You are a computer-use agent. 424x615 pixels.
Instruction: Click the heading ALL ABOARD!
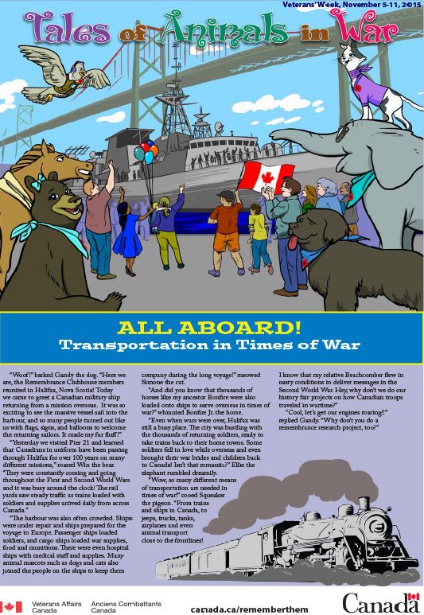click(x=212, y=328)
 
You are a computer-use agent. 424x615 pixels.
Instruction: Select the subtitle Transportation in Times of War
click(x=212, y=344)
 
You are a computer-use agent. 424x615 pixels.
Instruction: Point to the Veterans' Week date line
click(x=351, y=5)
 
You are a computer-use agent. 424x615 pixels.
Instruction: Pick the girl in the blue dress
click(x=128, y=235)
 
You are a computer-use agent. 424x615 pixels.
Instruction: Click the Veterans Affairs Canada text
click(x=52, y=605)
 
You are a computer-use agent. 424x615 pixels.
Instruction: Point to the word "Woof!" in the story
click(x=25, y=373)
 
